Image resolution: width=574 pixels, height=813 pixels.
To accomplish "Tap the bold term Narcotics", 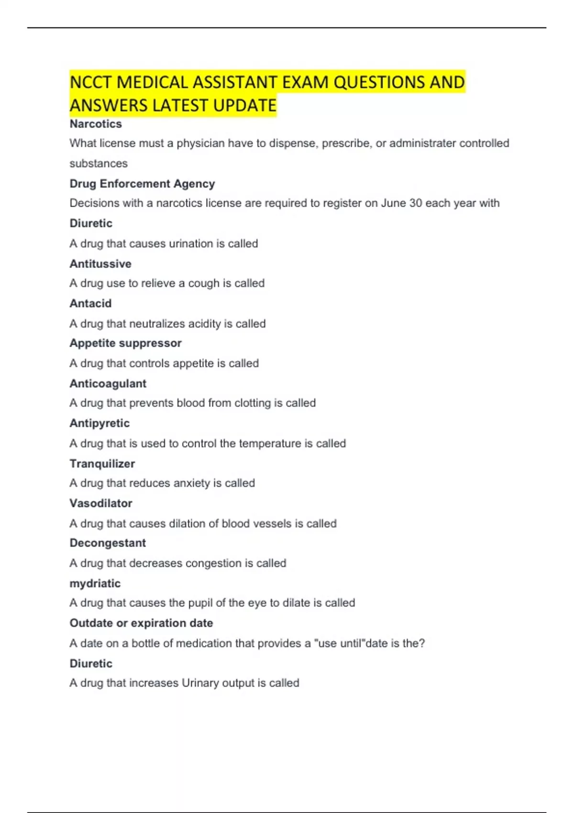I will (96, 124).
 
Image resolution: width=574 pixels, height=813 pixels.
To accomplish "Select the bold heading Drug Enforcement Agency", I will (142, 184).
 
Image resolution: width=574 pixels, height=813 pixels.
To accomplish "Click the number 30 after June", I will (415, 203).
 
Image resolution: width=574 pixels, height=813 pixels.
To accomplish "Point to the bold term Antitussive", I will (100, 264).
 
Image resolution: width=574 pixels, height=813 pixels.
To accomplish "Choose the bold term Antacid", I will (90, 303).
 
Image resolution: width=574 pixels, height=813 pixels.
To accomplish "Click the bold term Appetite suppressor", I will (125, 343).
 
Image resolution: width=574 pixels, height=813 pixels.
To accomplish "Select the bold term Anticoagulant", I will (108, 384).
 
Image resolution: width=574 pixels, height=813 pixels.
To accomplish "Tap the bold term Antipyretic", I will (99, 423).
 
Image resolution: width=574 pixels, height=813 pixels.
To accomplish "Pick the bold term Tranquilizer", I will (102, 463).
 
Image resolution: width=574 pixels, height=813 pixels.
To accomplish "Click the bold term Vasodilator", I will (100, 503).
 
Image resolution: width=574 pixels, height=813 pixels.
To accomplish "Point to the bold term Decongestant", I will (108, 543).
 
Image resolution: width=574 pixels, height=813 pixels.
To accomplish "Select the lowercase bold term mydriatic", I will (95, 583).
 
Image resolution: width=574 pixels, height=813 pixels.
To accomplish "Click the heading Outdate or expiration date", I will (141, 623).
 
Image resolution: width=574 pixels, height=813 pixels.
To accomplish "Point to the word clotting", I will (252, 403).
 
